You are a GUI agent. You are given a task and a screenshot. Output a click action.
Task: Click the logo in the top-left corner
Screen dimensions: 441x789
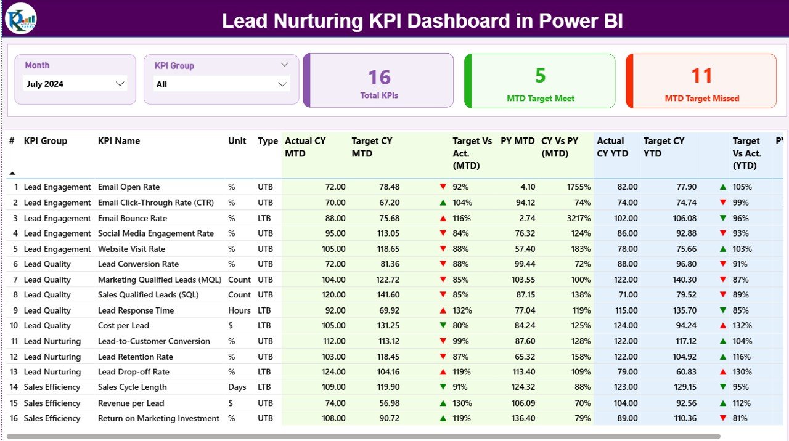pyautogui.click(x=21, y=18)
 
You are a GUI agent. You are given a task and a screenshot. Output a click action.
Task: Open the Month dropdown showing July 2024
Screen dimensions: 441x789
pyautogui.click(x=75, y=84)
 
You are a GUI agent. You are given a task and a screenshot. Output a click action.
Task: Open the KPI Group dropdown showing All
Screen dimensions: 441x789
pyautogui.click(x=221, y=84)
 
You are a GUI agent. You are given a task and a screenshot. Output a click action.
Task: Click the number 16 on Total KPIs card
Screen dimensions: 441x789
pyautogui.click(x=379, y=77)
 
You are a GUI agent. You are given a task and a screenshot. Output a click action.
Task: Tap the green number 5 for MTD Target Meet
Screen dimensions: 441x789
pyautogui.click(x=540, y=75)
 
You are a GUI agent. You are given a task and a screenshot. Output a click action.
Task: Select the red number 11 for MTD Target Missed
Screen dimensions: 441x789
pyautogui.click(x=701, y=75)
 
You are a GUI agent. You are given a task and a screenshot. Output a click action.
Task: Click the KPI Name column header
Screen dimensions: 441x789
pyautogui.click(x=119, y=141)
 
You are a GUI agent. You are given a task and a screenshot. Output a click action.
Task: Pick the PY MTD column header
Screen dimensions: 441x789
pyautogui.click(x=517, y=141)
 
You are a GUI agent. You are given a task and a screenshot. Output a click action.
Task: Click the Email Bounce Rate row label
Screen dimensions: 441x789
pyautogui.click(x=132, y=218)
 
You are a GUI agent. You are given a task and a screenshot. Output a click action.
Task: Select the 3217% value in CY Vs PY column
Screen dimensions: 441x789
pyautogui.click(x=578, y=218)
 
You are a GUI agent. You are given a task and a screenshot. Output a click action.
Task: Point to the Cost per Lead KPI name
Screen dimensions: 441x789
pyautogui.click(x=123, y=326)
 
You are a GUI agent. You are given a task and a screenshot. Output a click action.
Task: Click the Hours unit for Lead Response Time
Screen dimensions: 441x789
pyautogui.click(x=239, y=310)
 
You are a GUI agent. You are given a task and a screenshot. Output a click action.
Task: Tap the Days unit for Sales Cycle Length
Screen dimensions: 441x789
pyautogui.click(x=237, y=387)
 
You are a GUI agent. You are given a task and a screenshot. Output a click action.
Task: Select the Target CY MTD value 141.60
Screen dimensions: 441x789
pyautogui.click(x=386, y=295)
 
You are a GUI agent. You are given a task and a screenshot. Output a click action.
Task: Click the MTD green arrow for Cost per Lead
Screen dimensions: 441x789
pyautogui.click(x=443, y=326)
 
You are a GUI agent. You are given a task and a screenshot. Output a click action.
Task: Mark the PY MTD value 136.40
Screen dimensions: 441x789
pyautogui.click(x=521, y=418)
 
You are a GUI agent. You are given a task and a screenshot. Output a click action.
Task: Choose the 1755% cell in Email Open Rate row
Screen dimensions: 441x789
pyautogui.click(x=578, y=187)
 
